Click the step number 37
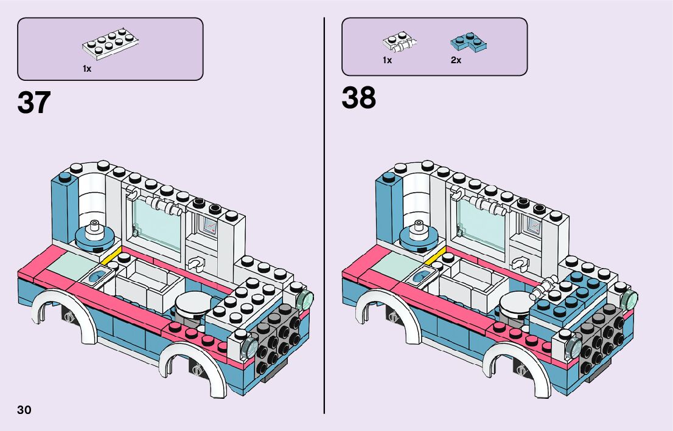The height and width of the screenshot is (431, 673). coord(33,103)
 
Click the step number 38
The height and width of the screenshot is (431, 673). coord(358,98)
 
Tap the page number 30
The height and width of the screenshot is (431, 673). coord(24,410)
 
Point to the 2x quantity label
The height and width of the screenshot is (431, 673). coord(456,60)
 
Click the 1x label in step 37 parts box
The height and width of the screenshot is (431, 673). coord(87,69)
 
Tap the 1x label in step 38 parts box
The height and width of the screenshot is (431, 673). coord(387,60)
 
